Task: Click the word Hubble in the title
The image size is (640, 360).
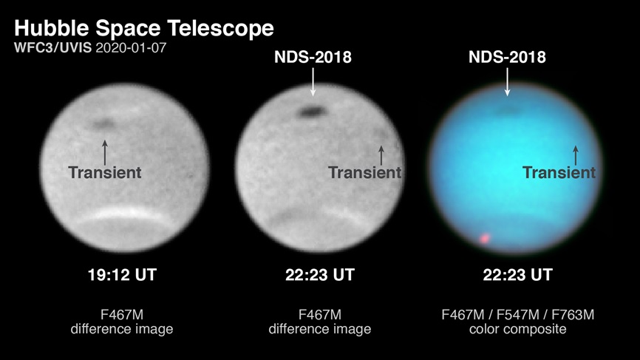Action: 51,29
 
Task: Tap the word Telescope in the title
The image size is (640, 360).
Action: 221,30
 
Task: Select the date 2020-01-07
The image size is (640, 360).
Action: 131,48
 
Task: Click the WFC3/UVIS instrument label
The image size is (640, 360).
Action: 53,48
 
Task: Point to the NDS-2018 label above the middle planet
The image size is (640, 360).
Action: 313,57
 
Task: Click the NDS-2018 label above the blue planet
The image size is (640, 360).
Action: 507,57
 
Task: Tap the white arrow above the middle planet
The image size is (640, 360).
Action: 313,82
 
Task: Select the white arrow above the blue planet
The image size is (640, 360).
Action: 508,82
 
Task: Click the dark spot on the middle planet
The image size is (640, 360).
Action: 313,112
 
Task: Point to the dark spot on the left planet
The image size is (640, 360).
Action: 103,123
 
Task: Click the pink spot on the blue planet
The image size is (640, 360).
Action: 485,238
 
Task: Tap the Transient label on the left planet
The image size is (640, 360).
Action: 105,173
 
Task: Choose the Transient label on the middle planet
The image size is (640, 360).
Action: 365,173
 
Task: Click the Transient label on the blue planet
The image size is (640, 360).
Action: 559,173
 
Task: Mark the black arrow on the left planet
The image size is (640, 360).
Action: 105,153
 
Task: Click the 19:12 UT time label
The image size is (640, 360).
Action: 122,275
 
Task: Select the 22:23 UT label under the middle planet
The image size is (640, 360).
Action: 319,275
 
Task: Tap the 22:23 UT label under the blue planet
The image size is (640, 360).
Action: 517,275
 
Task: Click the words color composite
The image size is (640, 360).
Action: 517,329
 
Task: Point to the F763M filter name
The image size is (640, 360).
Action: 573,315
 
